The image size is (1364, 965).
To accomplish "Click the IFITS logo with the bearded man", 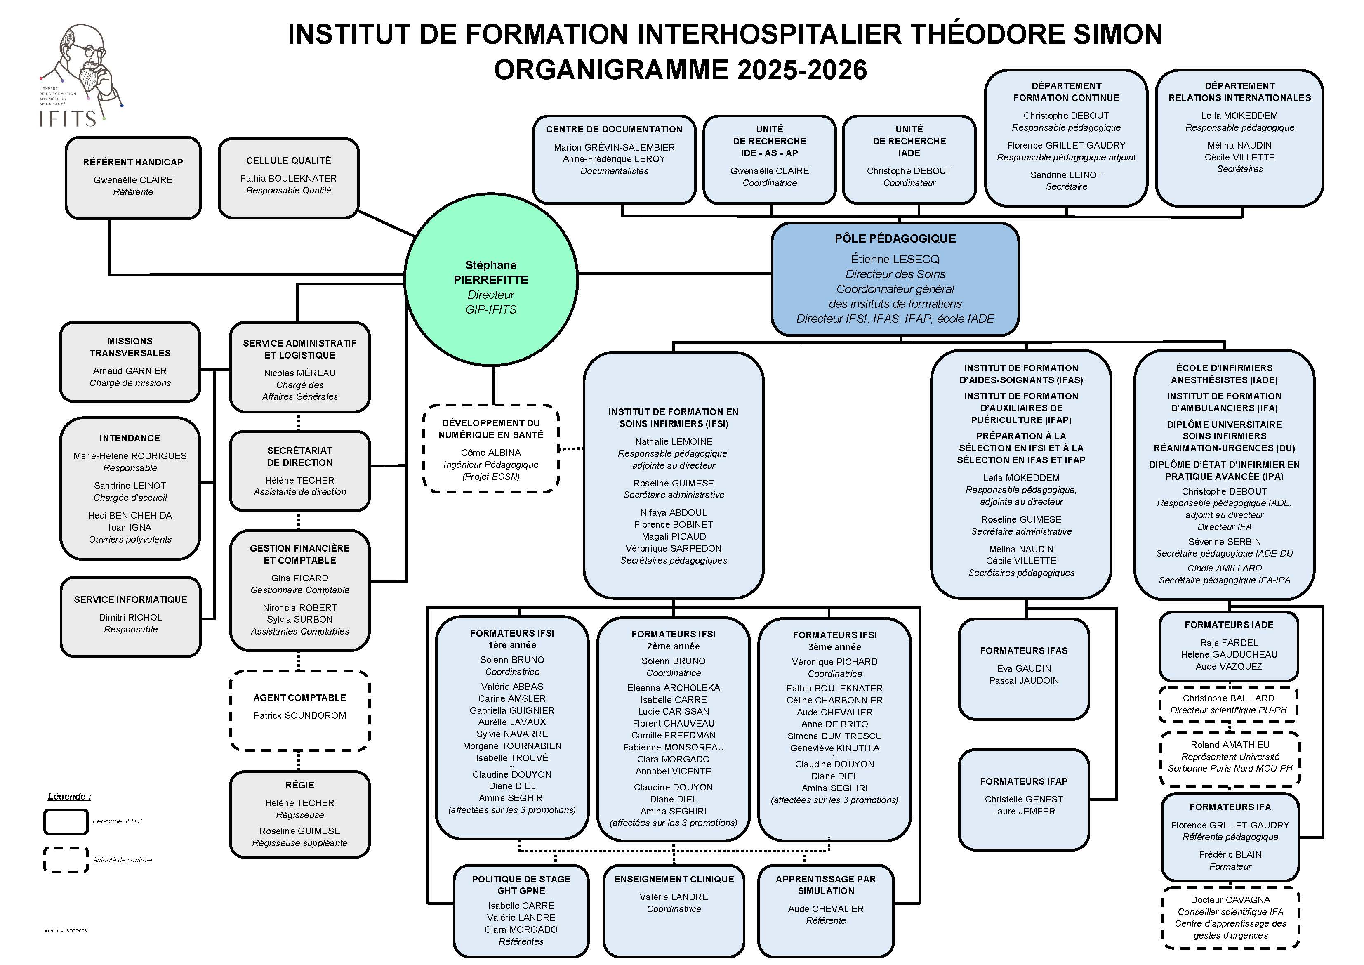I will tap(80, 74).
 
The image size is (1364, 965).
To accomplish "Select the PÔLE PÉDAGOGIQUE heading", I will tap(895, 239).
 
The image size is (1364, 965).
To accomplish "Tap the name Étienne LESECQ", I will tap(895, 259).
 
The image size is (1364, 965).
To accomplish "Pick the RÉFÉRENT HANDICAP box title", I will tap(133, 162).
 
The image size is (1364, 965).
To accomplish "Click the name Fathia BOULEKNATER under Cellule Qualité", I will tap(288, 178).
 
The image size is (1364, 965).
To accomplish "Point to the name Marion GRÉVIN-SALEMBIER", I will tap(614, 147).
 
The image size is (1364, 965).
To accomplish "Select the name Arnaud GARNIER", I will tap(130, 371).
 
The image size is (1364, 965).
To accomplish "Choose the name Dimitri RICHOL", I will tap(130, 617).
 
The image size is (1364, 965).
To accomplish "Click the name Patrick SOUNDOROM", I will tap(299, 715).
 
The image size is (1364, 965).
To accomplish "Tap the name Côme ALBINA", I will tap(491, 453).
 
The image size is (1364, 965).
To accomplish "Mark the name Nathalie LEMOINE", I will tap(673, 441).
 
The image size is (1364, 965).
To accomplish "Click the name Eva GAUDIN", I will tap(1024, 668).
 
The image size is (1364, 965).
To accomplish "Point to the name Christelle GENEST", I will tap(1024, 799).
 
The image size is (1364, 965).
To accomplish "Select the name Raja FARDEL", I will tap(1229, 643).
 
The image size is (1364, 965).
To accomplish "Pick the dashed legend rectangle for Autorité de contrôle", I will tap(66, 860).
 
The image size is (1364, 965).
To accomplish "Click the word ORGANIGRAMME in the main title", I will tap(612, 70).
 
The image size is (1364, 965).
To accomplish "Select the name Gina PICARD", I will tap(299, 578).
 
